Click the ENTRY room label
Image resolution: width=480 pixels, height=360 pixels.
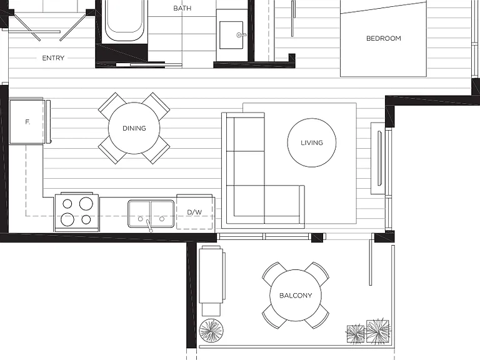click(53, 58)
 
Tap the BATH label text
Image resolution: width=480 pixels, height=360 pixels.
click(182, 8)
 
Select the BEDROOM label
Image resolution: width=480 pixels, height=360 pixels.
click(384, 38)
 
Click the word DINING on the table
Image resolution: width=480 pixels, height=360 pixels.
click(134, 128)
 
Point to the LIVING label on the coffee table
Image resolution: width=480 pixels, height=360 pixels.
click(312, 142)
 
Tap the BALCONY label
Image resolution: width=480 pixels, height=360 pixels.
click(296, 296)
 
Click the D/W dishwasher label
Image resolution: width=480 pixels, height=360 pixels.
click(194, 212)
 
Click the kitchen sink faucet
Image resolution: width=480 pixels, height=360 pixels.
click(149, 225)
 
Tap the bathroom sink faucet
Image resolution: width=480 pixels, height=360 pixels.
click(241, 35)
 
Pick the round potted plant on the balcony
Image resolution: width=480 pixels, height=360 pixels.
click(211, 331)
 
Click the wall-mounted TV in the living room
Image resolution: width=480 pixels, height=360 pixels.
click(380, 158)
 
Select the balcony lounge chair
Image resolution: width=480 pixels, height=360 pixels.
click(212, 281)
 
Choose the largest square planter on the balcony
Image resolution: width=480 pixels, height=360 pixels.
click(377, 331)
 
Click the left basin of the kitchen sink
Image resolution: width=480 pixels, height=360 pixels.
click(139, 214)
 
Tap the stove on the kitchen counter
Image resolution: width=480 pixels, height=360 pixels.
click(77, 212)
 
